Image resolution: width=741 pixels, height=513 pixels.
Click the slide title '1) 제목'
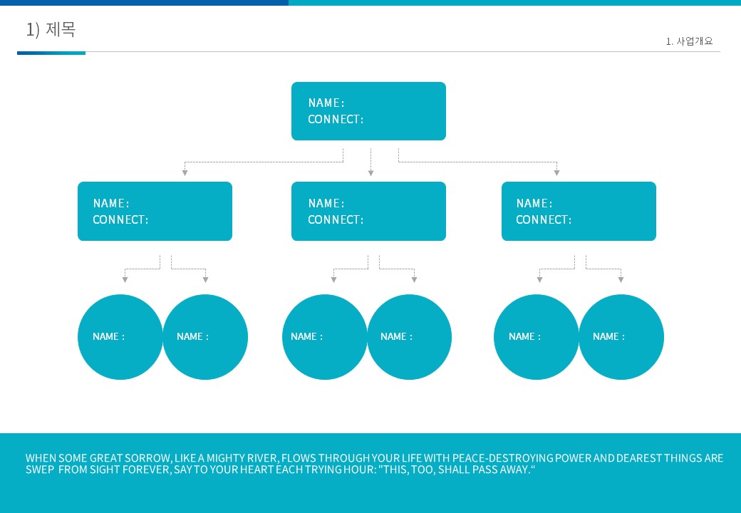coord(51,29)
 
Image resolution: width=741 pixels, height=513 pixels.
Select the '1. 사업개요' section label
coord(689,41)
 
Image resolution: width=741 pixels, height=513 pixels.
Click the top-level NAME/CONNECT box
coord(368,111)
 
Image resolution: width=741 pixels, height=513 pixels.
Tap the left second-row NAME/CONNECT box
coord(155,211)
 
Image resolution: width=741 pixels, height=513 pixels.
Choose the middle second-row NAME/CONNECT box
coord(368,211)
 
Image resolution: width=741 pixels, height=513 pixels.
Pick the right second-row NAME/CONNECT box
coord(579,211)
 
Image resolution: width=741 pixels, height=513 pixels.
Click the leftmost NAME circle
coord(120,337)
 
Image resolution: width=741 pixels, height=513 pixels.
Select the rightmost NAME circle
coord(621,337)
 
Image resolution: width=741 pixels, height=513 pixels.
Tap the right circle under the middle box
coord(409,337)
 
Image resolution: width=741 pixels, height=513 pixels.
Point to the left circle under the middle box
coord(325,337)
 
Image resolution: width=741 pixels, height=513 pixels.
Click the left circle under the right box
coord(537,337)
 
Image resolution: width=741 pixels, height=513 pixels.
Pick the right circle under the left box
coord(205,337)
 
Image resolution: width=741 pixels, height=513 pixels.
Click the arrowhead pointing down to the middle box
coord(371,173)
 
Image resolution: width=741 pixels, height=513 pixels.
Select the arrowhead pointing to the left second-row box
coord(185,173)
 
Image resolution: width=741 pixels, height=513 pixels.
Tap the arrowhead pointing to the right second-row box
coord(556,173)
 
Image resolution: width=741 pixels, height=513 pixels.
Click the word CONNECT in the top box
coord(333,120)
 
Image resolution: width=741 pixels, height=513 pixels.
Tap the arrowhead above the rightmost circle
coord(621,279)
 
